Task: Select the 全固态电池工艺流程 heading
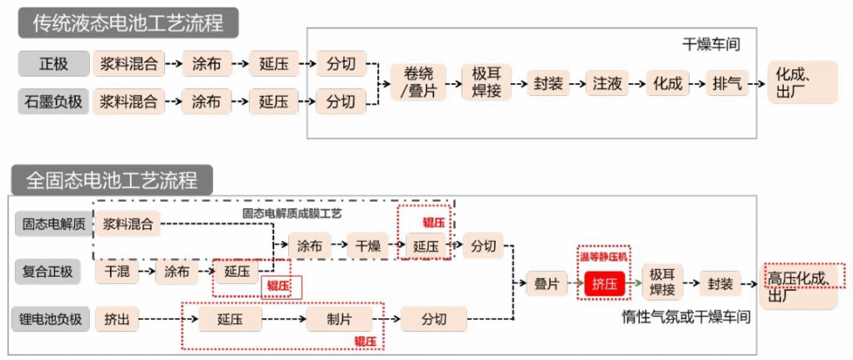coord(113,180)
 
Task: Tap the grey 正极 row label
coord(53,63)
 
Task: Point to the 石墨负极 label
coord(53,102)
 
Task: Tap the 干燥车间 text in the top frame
coord(711,42)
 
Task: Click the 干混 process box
coord(117,272)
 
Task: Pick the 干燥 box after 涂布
coord(368,246)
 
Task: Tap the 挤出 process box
coord(117,319)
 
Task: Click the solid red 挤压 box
coord(605,284)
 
